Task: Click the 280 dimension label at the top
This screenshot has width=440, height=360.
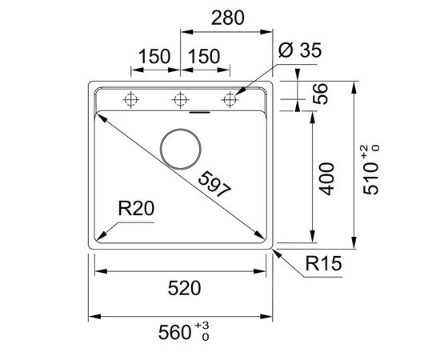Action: coord(227,18)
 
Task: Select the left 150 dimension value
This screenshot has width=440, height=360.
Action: coord(154,56)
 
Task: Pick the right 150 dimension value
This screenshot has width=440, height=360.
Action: coord(204,56)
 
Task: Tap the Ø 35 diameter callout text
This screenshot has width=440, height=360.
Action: coord(300,50)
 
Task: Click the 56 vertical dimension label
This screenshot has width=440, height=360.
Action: coord(321,94)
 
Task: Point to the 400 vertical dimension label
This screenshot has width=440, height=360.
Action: coord(327,178)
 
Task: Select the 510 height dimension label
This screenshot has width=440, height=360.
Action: coord(370,178)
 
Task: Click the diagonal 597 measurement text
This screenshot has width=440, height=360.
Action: coord(214,184)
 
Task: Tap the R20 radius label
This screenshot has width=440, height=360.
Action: coord(136,209)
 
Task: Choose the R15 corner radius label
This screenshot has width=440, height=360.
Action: coord(323,263)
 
